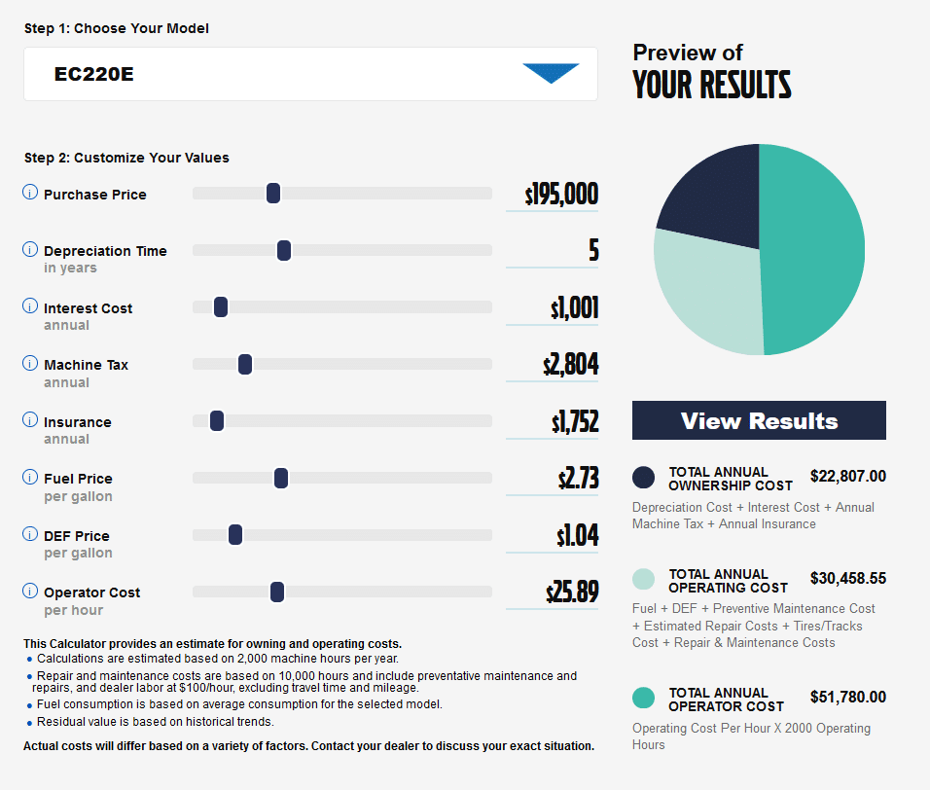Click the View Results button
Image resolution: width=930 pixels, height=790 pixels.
[x=759, y=420]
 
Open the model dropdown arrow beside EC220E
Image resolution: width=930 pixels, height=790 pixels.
[x=551, y=73]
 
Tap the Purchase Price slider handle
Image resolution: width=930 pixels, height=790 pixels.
[x=273, y=194]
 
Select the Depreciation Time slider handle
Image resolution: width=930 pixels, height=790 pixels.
[x=284, y=251]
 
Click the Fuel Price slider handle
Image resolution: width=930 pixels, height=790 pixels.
[x=281, y=478]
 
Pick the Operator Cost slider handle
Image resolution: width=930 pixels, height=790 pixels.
[x=277, y=592]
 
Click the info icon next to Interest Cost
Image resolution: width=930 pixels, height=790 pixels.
[x=30, y=306]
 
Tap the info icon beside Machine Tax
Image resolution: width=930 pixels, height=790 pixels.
[x=30, y=363]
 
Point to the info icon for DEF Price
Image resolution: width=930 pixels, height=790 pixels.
[x=30, y=534]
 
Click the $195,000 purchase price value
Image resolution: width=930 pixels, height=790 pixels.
[x=561, y=195]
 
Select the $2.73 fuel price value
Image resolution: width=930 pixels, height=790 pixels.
[x=578, y=479]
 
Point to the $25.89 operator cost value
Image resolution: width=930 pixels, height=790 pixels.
[x=572, y=592]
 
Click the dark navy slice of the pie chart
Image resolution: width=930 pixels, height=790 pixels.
[x=715, y=199]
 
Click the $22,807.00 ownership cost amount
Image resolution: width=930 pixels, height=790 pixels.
[x=847, y=477]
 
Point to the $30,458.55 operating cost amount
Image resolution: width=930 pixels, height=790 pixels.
[x=847, y=579]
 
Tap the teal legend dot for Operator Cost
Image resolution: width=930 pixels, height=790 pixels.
[x=643, y=698]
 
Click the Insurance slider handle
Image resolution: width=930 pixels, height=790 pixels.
[x=217, y=421]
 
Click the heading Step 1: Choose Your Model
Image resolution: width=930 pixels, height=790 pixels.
[x=117, y=28]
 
